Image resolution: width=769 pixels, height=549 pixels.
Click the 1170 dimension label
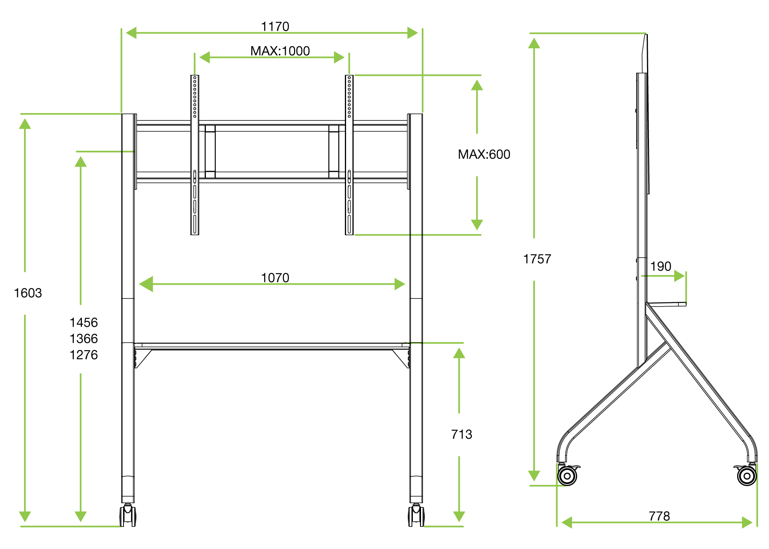[275, 26]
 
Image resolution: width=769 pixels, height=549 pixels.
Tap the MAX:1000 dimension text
[280, 51]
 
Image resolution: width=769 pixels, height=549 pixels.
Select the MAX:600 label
[484, 154]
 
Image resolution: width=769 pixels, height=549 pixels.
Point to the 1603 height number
[28, 293]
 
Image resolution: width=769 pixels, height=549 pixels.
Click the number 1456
[84, 322]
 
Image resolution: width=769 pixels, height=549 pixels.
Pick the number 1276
[84, 355]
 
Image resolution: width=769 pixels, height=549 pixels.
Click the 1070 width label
[275, 278]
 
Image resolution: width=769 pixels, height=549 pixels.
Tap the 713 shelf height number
[461, 434]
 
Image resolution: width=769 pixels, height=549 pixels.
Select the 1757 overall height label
[537, 259]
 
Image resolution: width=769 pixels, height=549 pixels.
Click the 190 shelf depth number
[660, 267]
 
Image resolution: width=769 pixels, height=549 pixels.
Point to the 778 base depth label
[659, 516]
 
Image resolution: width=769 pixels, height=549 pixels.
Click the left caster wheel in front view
[128, 516]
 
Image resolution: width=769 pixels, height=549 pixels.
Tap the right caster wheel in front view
[416, 516]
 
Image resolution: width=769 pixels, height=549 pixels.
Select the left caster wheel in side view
[567, 476]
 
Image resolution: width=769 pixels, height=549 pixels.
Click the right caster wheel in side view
[746, 476]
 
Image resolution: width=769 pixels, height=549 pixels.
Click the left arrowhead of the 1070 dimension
[146, 284]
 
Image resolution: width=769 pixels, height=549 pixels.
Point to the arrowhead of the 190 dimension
[679, 276]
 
